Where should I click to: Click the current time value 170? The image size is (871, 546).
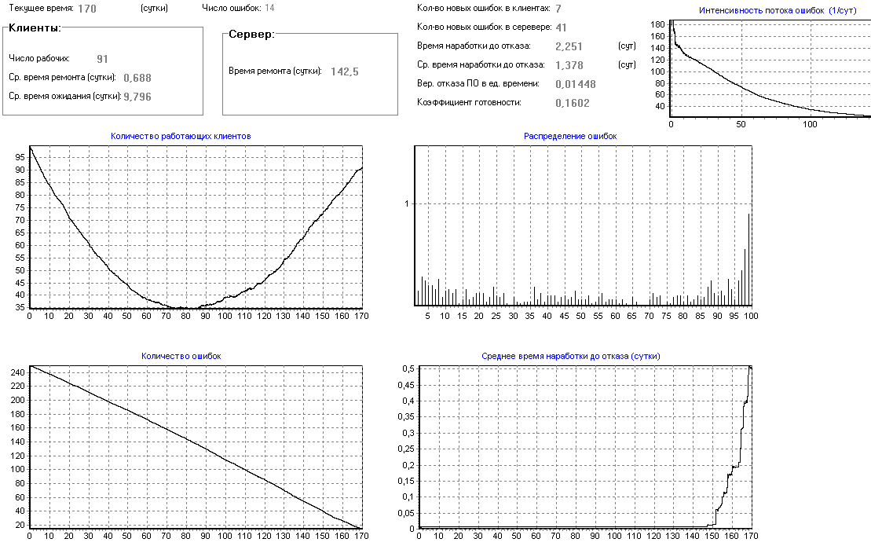click(88, 9)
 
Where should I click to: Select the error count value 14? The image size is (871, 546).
click(269, 9)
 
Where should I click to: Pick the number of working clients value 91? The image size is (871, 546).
click(103, 59)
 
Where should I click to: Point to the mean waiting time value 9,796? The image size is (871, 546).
click(137, 97)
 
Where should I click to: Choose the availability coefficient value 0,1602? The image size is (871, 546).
click(572, 103)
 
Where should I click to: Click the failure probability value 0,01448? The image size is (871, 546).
click(575, 84)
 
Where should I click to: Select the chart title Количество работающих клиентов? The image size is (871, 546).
click(181, 136)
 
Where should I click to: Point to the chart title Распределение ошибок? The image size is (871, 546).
click(570, 136)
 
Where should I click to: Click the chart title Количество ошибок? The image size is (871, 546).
click(181, 356)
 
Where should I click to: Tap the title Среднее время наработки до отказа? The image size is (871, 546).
click(570, 356)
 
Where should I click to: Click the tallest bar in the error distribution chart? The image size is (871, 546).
click(748, 259)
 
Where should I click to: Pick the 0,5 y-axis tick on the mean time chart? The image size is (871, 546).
click(408, 368)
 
